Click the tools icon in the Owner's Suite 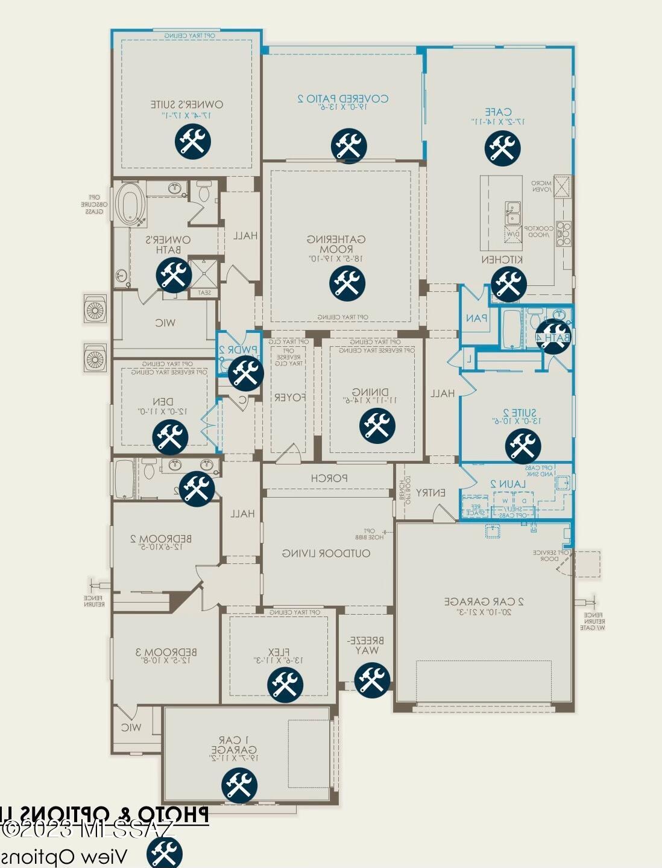[x=193, y=142]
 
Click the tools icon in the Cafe [x=502, y=147]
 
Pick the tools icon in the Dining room [x=377, y=425]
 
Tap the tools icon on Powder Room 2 [x=245, y=373]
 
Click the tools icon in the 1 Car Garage [x=239, y=785]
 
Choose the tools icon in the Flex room [x=285, y=684]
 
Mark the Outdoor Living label [x=327, y=553]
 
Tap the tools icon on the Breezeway [x=372, y=680]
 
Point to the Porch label [x=329, y=478]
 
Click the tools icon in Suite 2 [x=523, y=446]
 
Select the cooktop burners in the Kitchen [x=563, y=234]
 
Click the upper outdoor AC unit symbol [x=95, y=311]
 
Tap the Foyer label [x=290, y=398]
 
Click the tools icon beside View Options [x=164, y=853]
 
